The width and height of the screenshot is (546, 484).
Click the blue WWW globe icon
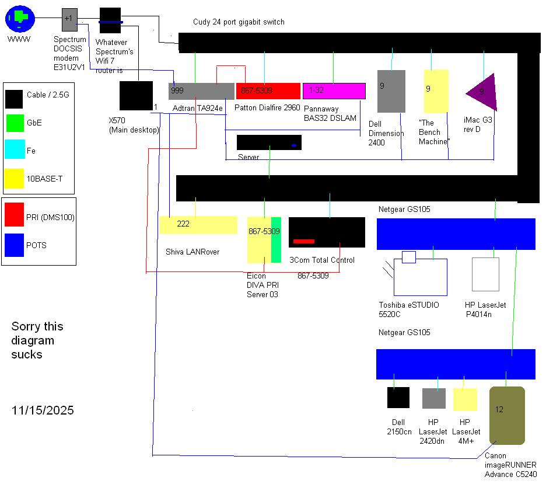(x=20, y=19)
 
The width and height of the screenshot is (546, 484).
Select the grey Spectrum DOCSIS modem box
(x=69, y=19)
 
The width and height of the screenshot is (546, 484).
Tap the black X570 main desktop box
(x=136, y=96)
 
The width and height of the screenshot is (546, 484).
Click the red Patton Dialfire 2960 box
(x=268, y=91)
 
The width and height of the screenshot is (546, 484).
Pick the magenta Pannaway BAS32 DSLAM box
(x=334, y=91)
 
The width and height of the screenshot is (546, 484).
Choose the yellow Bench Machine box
(x=436, y=91)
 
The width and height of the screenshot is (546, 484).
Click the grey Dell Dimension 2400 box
(x=391, y=91)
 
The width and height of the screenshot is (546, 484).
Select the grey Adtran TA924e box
(x=201, y=91)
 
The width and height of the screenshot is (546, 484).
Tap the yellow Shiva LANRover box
(x=198, y=225)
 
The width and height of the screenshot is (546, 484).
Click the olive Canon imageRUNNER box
(x=508, y=415)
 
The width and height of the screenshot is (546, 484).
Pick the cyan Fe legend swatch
(x=13, y=151)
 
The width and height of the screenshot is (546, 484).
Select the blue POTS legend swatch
(x=13, y=245)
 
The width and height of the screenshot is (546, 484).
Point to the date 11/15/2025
(x=43, y=410)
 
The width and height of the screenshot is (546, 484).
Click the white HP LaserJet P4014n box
(x=485, y=274)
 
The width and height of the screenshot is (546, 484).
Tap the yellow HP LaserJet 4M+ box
(x=465, y=399)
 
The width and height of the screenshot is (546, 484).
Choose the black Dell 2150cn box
(x=398, y=398)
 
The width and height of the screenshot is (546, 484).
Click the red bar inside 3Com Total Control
(x=304, y=241)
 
